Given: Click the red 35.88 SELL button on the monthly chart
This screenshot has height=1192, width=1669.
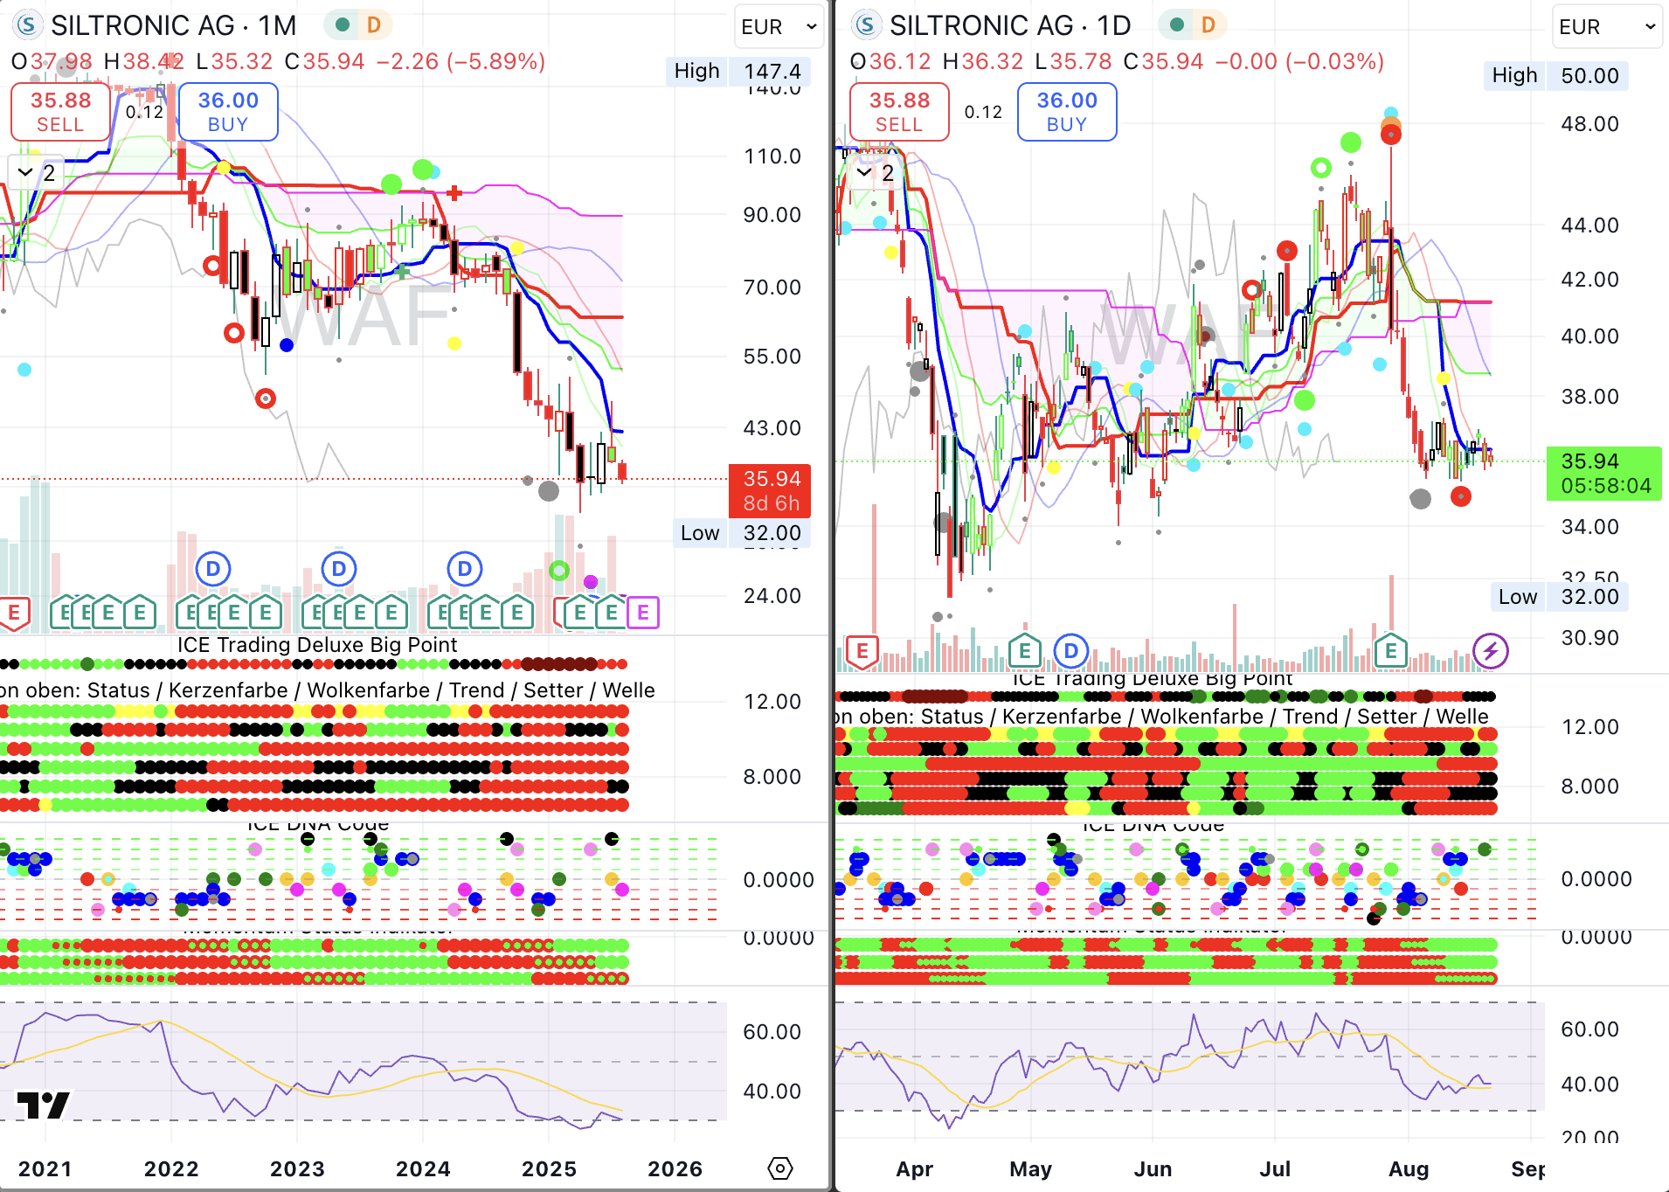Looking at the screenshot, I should (60, 112).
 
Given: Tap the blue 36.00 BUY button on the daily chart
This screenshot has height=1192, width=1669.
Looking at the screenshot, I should (1066, 112).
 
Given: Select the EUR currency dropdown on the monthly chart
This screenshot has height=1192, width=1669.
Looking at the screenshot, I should (778, 27).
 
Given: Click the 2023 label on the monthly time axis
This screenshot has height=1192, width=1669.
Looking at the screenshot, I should (297, 1168).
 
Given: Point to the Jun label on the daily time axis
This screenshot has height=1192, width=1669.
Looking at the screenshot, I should (1153, 1168).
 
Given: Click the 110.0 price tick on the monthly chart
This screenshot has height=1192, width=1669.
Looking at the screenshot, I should (772, 156).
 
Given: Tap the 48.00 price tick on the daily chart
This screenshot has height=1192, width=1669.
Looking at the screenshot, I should (1589, 124).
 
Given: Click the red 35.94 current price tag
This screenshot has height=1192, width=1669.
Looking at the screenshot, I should (770, 490).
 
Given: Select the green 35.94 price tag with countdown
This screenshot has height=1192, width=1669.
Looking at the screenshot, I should (1604, 473).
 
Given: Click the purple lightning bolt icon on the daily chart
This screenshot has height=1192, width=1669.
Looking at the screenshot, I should (1490, 651).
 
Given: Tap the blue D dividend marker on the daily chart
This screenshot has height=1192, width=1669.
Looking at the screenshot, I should (1070, 651).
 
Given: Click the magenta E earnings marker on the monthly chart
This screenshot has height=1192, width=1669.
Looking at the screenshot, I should (643, 613).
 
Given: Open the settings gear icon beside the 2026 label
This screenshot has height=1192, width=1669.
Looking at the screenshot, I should (779, 1168).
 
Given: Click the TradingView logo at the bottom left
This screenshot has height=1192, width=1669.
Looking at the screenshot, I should (43, 1105).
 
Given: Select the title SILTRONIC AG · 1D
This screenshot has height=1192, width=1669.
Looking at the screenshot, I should (1009, 26).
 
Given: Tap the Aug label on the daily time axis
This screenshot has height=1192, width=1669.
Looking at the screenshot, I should (1408, 1168).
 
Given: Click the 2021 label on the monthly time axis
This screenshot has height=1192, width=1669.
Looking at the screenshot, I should (45, 1168).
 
